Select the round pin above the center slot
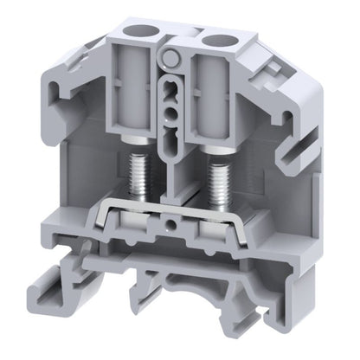click(172, 59)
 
